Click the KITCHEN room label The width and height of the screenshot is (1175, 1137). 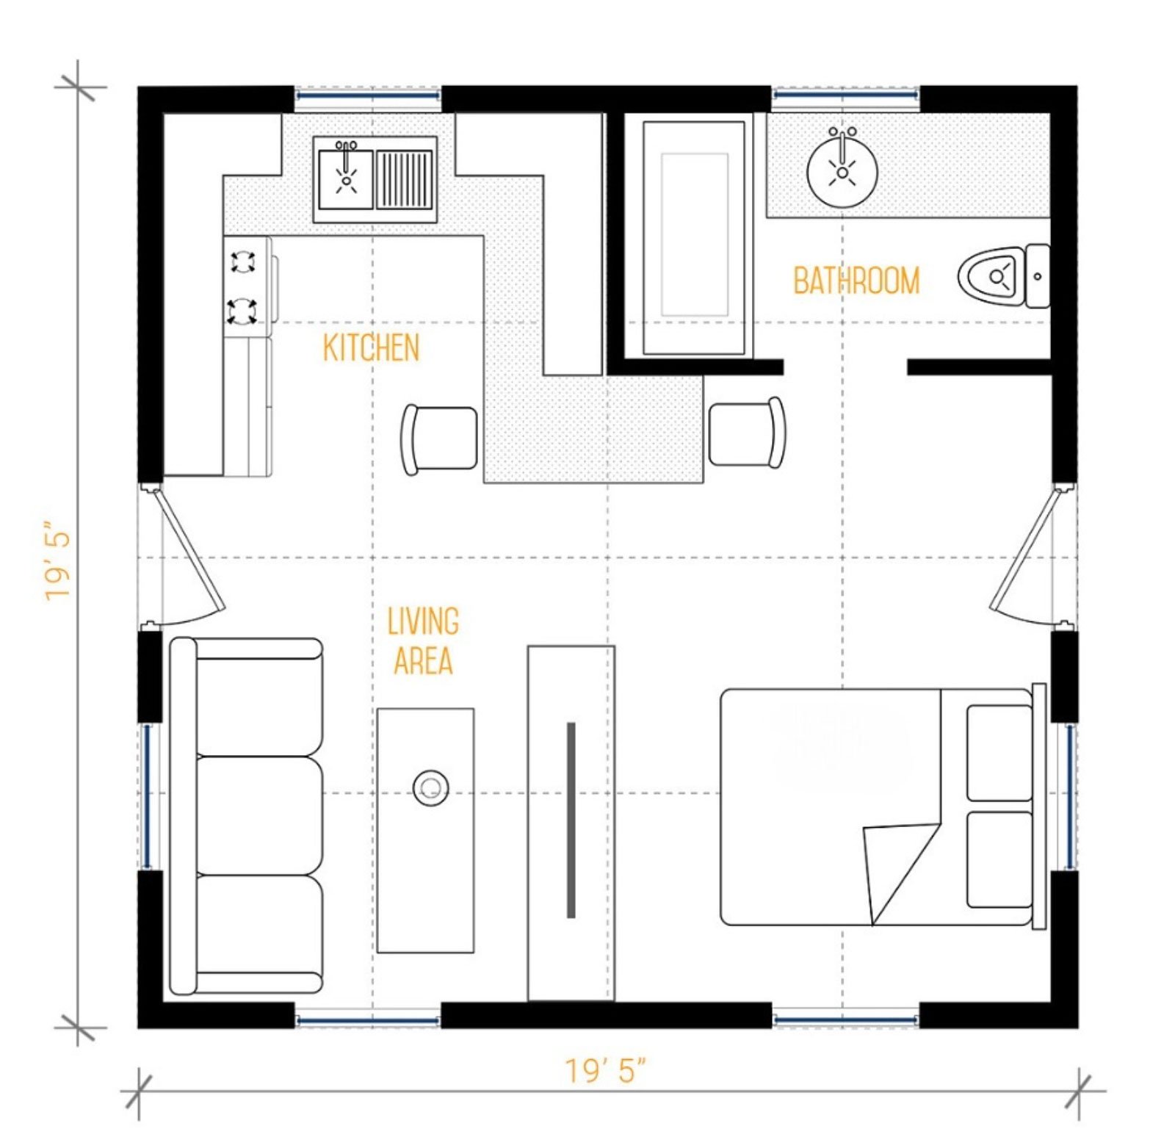[371, 347]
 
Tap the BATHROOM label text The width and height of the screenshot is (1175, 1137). [856, 281]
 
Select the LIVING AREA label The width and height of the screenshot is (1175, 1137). [423, 640]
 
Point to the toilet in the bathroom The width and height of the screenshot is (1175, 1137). [1002, 276]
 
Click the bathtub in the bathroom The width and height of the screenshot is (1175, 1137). [694, 238]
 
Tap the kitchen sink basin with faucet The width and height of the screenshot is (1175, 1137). [345, 178]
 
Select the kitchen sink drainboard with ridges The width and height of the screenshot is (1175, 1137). [404, 179]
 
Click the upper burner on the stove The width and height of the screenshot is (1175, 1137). [243, 261]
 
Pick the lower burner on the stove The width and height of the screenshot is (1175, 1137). [242, 310]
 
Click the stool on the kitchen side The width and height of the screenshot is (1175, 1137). [439, 439]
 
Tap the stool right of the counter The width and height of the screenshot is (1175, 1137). [747, 433]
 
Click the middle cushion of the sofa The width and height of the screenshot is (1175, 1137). [259, 815]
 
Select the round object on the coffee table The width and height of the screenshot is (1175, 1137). [430, 788]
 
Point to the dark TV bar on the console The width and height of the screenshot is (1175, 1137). [571, 820]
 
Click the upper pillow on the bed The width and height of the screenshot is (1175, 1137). [999, 753]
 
